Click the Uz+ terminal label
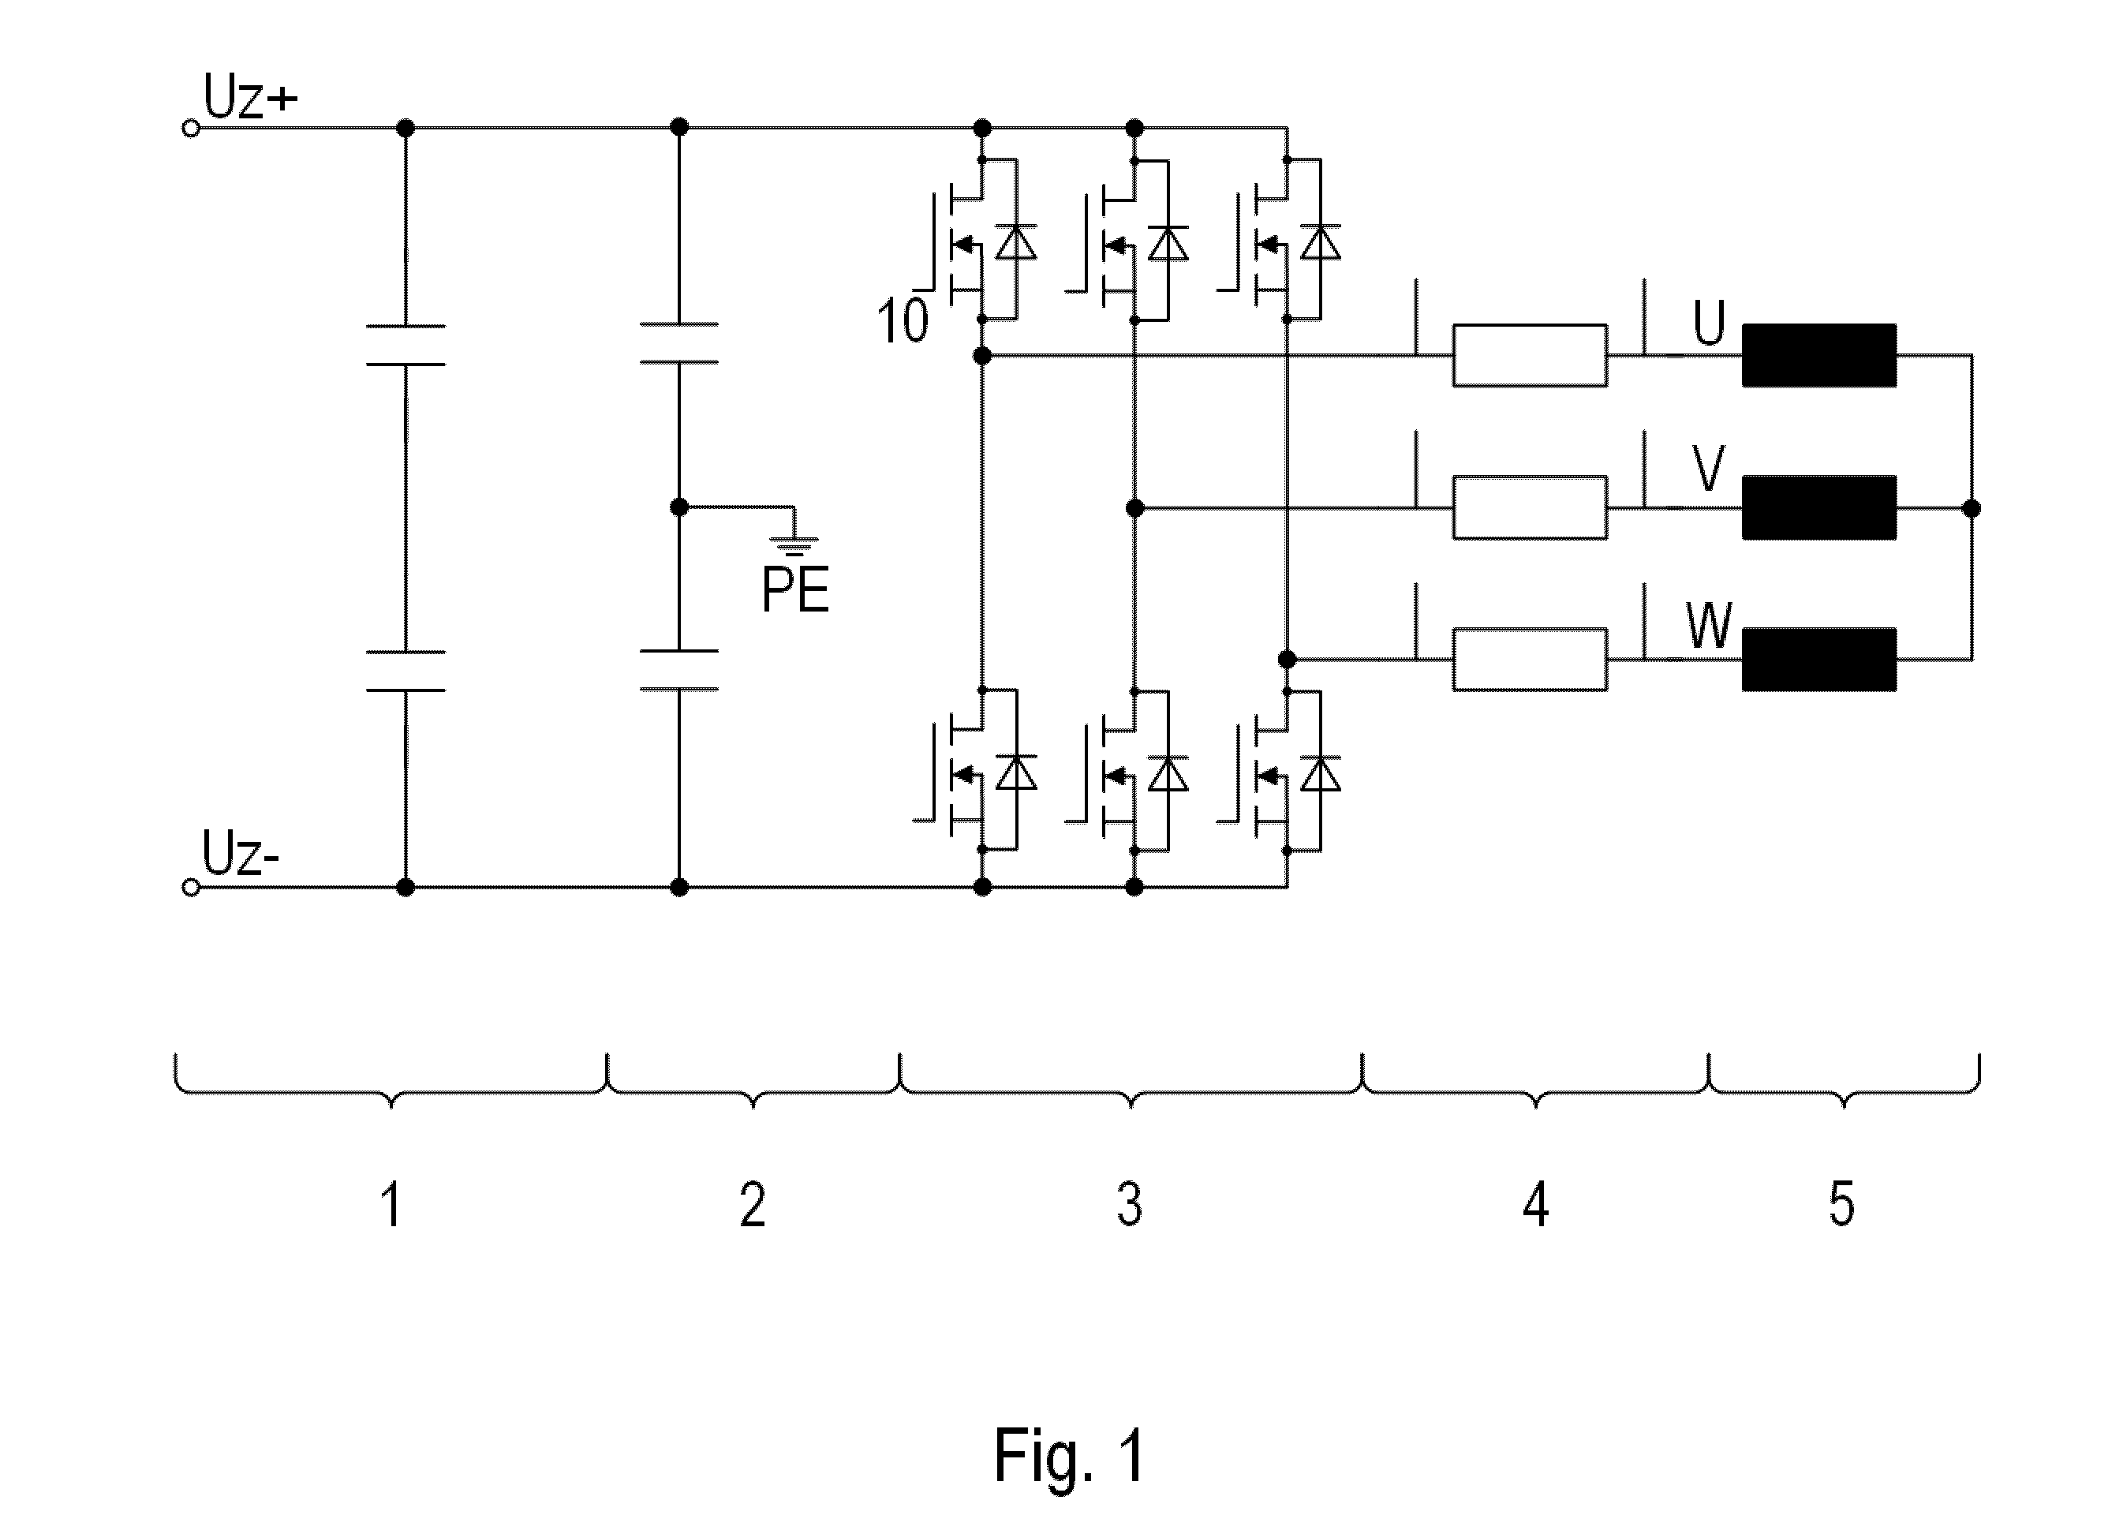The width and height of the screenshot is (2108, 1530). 250,98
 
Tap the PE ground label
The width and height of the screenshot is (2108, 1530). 794,589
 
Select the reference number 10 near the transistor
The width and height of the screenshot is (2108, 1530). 902,322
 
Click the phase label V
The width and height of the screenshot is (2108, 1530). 1708,469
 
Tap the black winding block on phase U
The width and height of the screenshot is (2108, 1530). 1819,355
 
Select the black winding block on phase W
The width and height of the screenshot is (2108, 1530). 1819,660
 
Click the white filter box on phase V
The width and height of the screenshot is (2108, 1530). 1530,507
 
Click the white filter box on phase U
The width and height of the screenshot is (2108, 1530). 1530,355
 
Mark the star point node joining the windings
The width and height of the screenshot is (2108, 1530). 1972,508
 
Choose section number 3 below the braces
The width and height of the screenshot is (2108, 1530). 1129,1205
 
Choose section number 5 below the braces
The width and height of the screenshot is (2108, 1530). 1841,1205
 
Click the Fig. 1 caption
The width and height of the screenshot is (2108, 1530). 1070,1456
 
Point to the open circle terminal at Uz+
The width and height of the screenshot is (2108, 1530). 191,129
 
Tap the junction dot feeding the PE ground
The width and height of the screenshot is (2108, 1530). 679,507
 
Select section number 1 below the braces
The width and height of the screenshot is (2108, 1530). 391,1205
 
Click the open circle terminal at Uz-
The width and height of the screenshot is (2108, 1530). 191,888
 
